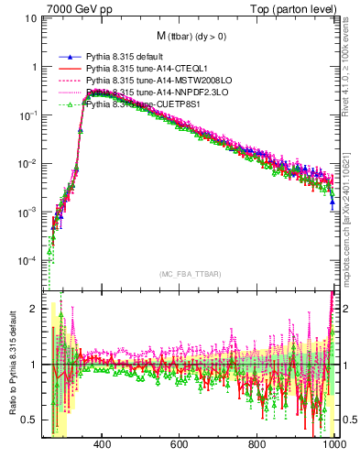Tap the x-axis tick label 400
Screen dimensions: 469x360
coord(102,445)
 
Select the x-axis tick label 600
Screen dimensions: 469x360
coord(180,445)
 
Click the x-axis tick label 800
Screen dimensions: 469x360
coord(257,445)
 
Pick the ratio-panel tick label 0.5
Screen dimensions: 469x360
coord(29,420)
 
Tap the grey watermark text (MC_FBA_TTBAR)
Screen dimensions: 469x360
coord(190,275)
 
